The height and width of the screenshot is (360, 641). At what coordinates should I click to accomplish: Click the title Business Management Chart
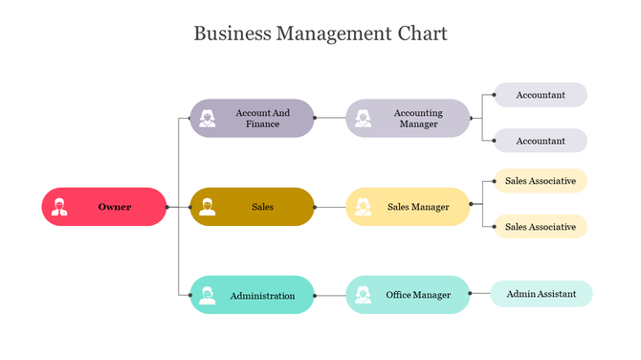click(x=320, y=34)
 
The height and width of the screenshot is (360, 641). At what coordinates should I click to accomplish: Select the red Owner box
click(x=105, y=207)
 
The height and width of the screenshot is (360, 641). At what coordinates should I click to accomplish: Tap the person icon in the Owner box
click(x=60, y=207)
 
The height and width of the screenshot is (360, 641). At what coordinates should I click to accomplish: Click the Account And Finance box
click(x=253, y=119)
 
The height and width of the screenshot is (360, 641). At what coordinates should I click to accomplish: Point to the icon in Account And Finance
click(x=208, y=119)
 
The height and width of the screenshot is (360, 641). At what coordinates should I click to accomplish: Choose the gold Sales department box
click(x=253, y=207)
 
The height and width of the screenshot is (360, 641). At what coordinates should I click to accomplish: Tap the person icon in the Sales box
click(x=208, y=207)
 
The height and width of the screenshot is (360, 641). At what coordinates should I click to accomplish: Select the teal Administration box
click(x=253, y=295)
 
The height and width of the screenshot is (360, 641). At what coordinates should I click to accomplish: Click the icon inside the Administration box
click(x=208, y=295)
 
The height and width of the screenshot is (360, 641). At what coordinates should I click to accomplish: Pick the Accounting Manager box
click(x=409, y=119)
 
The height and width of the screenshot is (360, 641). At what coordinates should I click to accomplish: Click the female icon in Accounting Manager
click(x=363, y=119)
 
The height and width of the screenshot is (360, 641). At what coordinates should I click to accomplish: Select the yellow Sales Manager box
click(x=409, y=207)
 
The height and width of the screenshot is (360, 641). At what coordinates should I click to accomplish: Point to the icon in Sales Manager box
click(x=363, y=207)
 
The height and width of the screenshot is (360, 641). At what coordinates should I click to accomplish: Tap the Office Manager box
click(x=409, y=295)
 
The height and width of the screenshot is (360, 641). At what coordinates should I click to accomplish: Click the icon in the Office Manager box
click(x=363, y=295)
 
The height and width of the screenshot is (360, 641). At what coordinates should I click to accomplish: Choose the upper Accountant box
click(x=540, y=95)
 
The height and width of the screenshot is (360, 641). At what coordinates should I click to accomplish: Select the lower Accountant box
click(x=540, y=141)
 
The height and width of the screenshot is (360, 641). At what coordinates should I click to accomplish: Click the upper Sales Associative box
click(x=540, y=181)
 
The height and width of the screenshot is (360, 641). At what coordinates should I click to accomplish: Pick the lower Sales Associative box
click(x=540, y=227)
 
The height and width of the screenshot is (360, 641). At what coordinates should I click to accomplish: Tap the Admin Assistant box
click(x=542, y=294)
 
